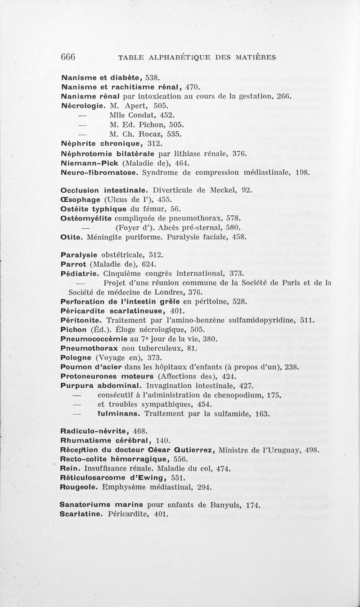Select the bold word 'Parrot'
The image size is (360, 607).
[74, 264]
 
